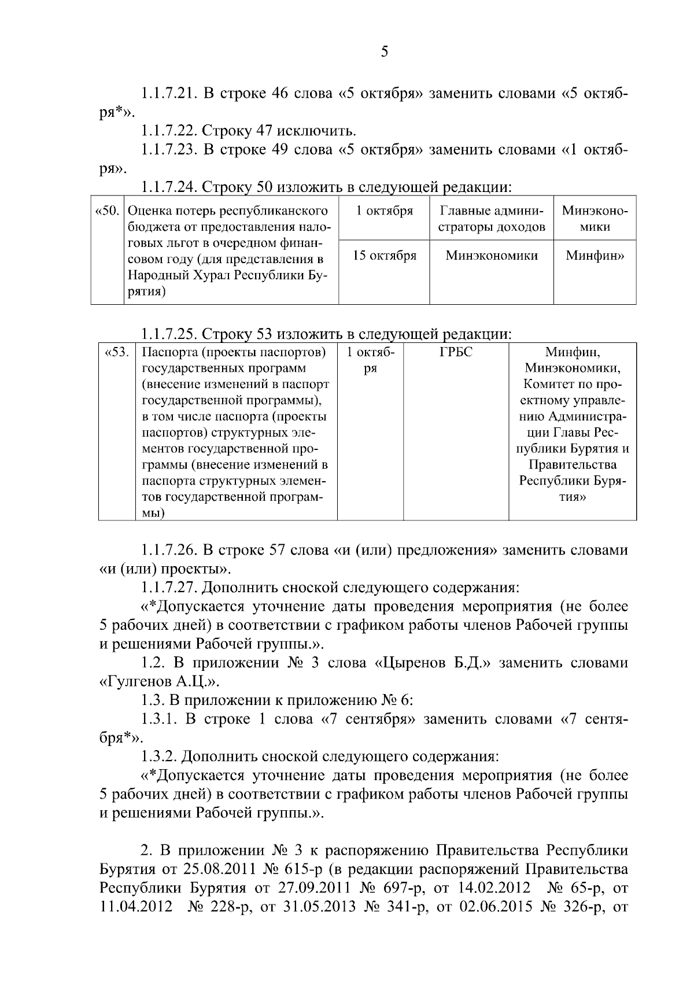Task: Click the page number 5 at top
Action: (x=385, y=53)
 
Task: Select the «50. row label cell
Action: (x=108, y=211)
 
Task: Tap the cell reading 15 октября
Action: (x=385, y=256)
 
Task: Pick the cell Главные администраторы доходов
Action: (x=492, y=219)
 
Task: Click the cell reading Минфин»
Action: (x=595, y=256)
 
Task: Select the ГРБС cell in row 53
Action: (x=456, y=352)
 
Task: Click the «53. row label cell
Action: (x=117, y=352)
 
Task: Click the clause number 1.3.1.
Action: (x=159, y=719)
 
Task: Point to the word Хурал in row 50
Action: (x=235, y=276)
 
